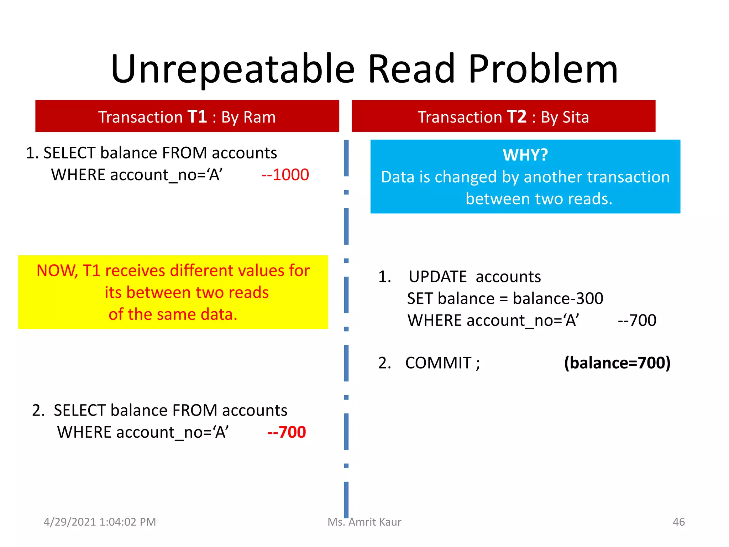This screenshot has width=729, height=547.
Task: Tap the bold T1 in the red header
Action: pyautogui.click(x=197, y=117)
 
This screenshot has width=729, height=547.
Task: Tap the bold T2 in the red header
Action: pyautogui.click(x=516, y=117)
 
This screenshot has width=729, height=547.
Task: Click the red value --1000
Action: pyautogui.click(x=285, y=175)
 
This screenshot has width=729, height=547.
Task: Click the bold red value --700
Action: pyautogui.click(x=287, y=432)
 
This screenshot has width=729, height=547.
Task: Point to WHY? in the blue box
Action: pyautogui.click(x=525, y=155)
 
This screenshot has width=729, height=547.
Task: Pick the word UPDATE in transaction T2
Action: pyautogui.click(x=437, y=277)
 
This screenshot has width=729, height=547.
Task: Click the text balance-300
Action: pyautogui.click(x=558, y=298)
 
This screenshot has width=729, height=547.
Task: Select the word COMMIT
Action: pyautogui.click(x=439, y=363)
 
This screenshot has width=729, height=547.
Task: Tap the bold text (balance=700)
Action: pyautogui.click(x=617, y=363)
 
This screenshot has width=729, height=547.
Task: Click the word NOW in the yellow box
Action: pyautogui.click(x=57, y=271)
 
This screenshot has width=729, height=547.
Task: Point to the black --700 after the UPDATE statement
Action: pyautogui.click(x=637, y=321)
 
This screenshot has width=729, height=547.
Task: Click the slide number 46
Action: pyautogui.click(x=678, y=522)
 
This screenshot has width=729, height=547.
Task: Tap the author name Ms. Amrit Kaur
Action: pyautogui.click(x=364, y=522)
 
